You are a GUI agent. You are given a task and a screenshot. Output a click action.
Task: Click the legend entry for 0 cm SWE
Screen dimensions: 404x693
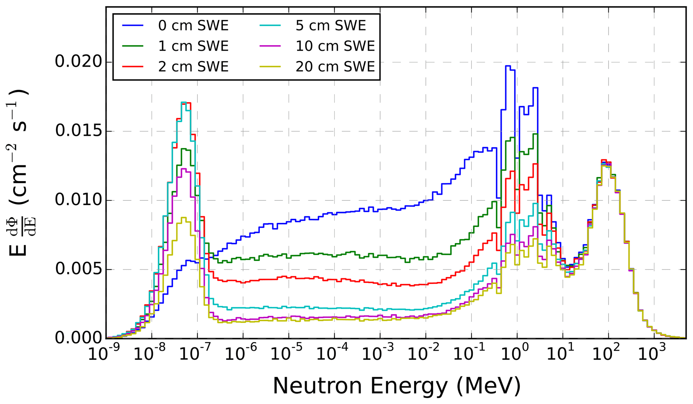click(x=193, y=26)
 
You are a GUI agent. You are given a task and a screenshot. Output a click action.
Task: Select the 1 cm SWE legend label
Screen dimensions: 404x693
click(x=193, y=46)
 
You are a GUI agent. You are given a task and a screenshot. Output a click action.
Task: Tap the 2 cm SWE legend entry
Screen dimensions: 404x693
click(x=193, y=67)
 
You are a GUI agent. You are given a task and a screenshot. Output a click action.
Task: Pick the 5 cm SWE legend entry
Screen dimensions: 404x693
click(x=331, y=26)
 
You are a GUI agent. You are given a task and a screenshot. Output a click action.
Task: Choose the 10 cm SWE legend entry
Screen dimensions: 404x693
click(x=335, y=46)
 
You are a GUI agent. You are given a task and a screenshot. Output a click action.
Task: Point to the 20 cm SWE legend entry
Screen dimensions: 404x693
click(x=335, y=67)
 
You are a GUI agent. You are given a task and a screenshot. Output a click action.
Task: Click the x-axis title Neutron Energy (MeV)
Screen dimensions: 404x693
click(x=397, y=386)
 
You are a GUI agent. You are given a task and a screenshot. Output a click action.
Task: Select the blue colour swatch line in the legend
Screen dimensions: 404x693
click(x=133, y=26)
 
